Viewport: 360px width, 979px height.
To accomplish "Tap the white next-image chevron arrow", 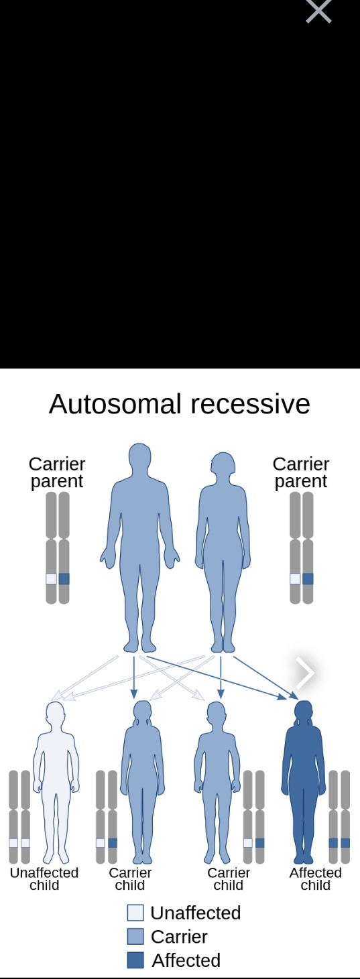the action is tap(305, 673).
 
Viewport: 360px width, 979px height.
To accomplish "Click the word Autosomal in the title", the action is tap(115, 403).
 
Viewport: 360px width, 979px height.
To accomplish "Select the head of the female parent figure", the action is tap(223, 464).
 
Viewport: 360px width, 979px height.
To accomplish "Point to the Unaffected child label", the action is tap(44, 878).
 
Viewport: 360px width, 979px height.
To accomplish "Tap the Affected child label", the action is tap(315, 878).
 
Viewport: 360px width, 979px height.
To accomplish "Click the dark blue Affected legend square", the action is tap(135, 960).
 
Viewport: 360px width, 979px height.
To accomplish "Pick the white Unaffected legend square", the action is tap(135, 913).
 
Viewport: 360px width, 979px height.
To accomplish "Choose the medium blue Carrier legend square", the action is tap(135, 937).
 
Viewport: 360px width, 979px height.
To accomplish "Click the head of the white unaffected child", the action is tap(56, 713).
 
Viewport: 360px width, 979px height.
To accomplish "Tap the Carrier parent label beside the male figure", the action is tap(57, 472).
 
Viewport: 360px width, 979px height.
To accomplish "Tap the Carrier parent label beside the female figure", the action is tap(301, 472).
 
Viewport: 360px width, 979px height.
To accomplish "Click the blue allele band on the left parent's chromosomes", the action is tap(64, 579).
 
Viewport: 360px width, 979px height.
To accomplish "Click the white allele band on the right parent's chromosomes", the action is tap(295, 579).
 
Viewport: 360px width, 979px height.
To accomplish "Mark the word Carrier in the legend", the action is tap(180, 937).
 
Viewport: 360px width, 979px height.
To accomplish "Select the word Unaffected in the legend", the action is tap(196, 913).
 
